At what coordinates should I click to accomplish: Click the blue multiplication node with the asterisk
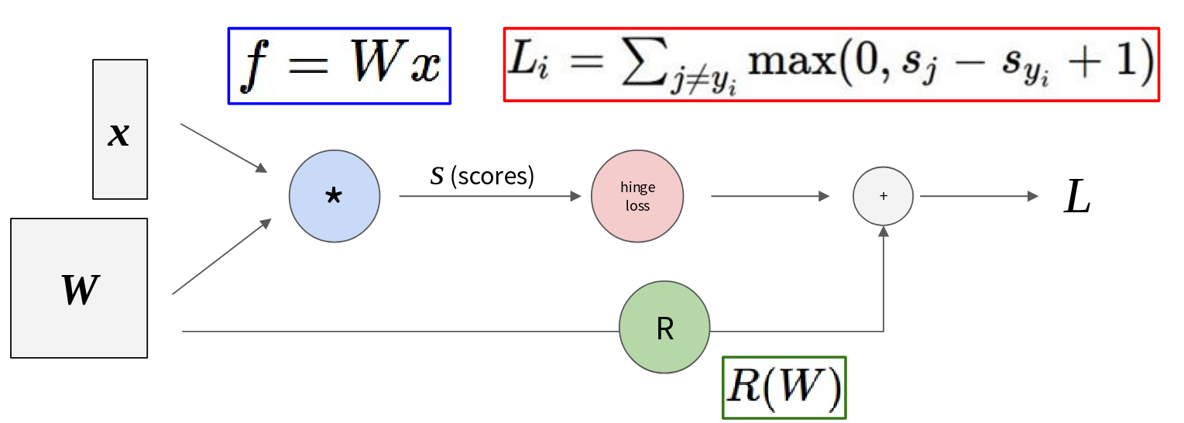335,196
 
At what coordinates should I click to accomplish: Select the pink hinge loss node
637,196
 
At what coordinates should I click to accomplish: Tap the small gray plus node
883,196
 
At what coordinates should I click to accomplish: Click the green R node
664,328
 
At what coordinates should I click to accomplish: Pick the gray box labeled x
119,129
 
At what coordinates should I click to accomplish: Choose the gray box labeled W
79,288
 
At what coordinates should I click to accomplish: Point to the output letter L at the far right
1076,198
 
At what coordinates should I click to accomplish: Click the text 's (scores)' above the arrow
482,176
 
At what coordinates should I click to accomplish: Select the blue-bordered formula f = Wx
339,66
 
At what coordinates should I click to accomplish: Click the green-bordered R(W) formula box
784,387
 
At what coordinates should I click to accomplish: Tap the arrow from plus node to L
978,197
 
